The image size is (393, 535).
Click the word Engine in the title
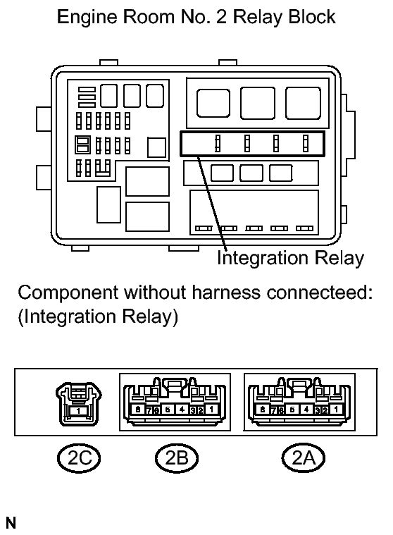click(87, 18)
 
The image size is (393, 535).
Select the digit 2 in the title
click(221, 17)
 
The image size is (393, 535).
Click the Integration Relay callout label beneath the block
click(290, 257)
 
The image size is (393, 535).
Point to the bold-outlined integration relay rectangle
click(252, 144)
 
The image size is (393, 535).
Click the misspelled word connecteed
click(319, 293)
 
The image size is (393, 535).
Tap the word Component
click(68, 293)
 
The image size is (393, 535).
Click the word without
click(155, 293)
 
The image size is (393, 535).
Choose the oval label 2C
click(79, 458)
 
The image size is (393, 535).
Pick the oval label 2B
click(177, 458)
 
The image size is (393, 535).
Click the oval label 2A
click(303, 458)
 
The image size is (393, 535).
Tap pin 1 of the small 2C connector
click(78, 411)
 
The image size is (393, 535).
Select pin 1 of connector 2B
click(212, 409)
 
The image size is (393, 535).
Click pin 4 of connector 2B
click(182, 409)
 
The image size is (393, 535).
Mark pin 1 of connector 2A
click(337, 409)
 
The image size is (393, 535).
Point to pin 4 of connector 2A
click(306, 409)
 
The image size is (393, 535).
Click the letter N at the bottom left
click(11, 523)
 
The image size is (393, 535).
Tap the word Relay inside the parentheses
click(149, 317)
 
